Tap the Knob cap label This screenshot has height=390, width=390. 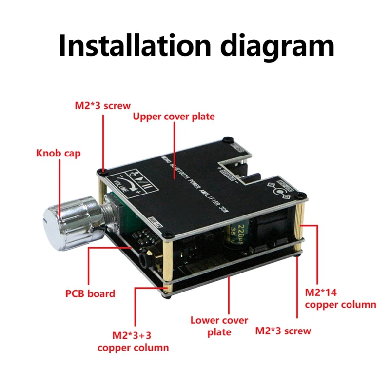[x=58, y=154]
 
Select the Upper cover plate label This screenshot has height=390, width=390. [x=174, y=117]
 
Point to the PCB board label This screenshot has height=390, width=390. [x=90, y=293]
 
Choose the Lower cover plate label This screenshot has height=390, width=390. [x=219, y=326]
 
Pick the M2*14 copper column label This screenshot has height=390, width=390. [x=340, y=298]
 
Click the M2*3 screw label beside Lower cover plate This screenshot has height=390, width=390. [x=283, y=331]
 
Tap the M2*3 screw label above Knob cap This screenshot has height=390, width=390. [x=102, y=105]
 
